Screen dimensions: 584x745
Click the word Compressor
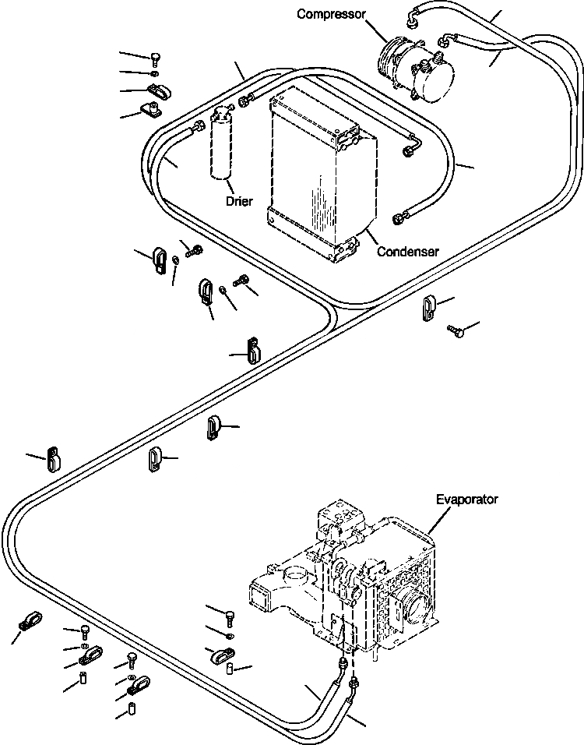tap(331, 14)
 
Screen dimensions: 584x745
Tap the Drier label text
tap(239, 201)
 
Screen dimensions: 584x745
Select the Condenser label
tap(407, 252)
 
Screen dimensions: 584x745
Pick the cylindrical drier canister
tap(222, 143)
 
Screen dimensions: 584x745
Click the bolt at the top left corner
tap(156, 59)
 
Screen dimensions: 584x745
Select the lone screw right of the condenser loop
tap(455, 330)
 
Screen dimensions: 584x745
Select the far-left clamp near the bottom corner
tap(30, 620)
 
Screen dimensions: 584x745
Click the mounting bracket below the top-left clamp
tap(150, 110)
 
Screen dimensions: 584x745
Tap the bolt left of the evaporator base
tap(230, 619)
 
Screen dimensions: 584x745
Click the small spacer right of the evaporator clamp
tap(230, 668)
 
